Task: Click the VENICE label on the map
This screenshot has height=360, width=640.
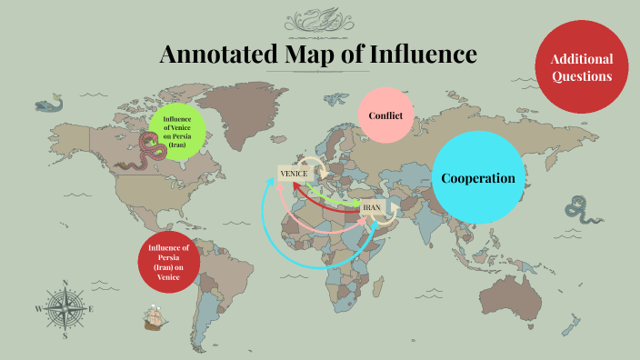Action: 293,174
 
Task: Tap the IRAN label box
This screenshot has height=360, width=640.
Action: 372,208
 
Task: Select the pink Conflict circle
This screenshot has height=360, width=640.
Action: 385,115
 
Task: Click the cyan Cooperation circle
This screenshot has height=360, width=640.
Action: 477,178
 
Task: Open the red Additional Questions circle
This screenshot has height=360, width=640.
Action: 582,67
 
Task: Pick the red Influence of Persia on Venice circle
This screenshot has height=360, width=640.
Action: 170,262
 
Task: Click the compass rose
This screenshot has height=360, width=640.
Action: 64,309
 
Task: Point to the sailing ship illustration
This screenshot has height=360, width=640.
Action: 155,318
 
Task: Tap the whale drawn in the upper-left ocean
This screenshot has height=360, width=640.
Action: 50,105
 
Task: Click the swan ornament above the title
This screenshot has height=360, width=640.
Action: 319,19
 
